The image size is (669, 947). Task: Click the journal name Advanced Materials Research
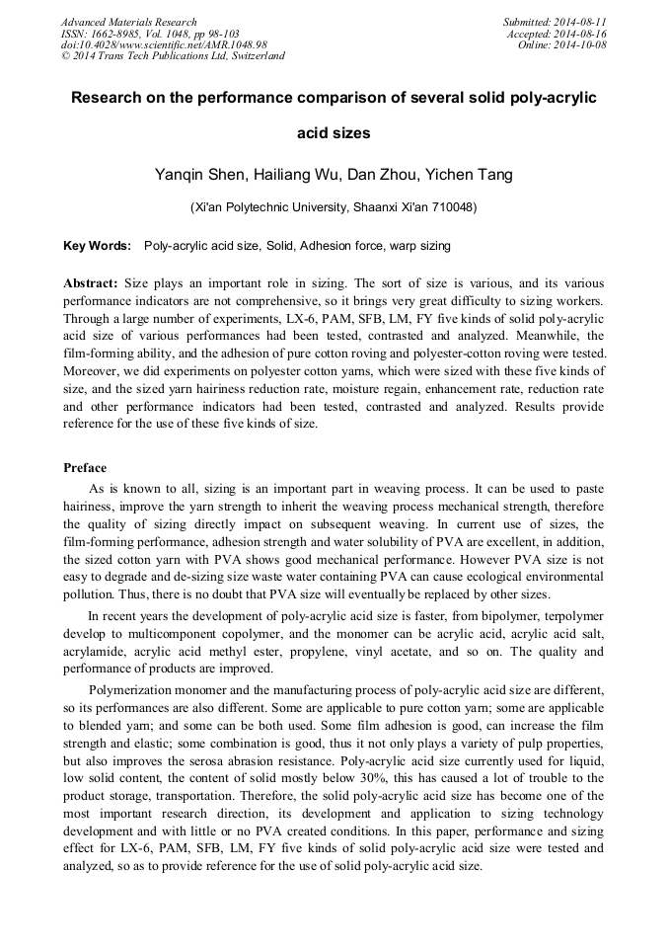tap(128, 22)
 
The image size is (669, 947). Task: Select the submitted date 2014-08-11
tap(579, 22)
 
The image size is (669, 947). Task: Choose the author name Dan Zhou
tap(385, 175)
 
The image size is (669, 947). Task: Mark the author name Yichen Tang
tap(468, 175)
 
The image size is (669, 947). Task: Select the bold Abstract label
tap(91, 281)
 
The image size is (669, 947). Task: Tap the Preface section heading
tap(85, 467)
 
